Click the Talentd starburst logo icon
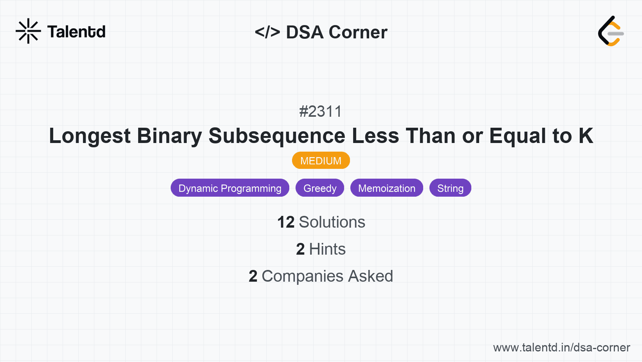point(28,31)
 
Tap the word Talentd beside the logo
point(76,32)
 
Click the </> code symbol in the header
point(267,32)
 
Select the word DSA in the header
point(305,32)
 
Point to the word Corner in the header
point(358,32)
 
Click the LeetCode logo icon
point(611,31)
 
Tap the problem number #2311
point(321,112)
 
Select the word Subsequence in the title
point(277,136)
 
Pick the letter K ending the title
point(586,136)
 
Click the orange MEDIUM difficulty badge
point(321,161)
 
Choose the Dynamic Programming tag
point(230,188)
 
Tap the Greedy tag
point(320,188)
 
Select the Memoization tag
point(387,188)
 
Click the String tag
point(450,188)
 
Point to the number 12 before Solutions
point(286,222)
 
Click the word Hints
point(327,249)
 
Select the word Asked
point(370,276)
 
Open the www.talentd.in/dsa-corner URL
point(561,348)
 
